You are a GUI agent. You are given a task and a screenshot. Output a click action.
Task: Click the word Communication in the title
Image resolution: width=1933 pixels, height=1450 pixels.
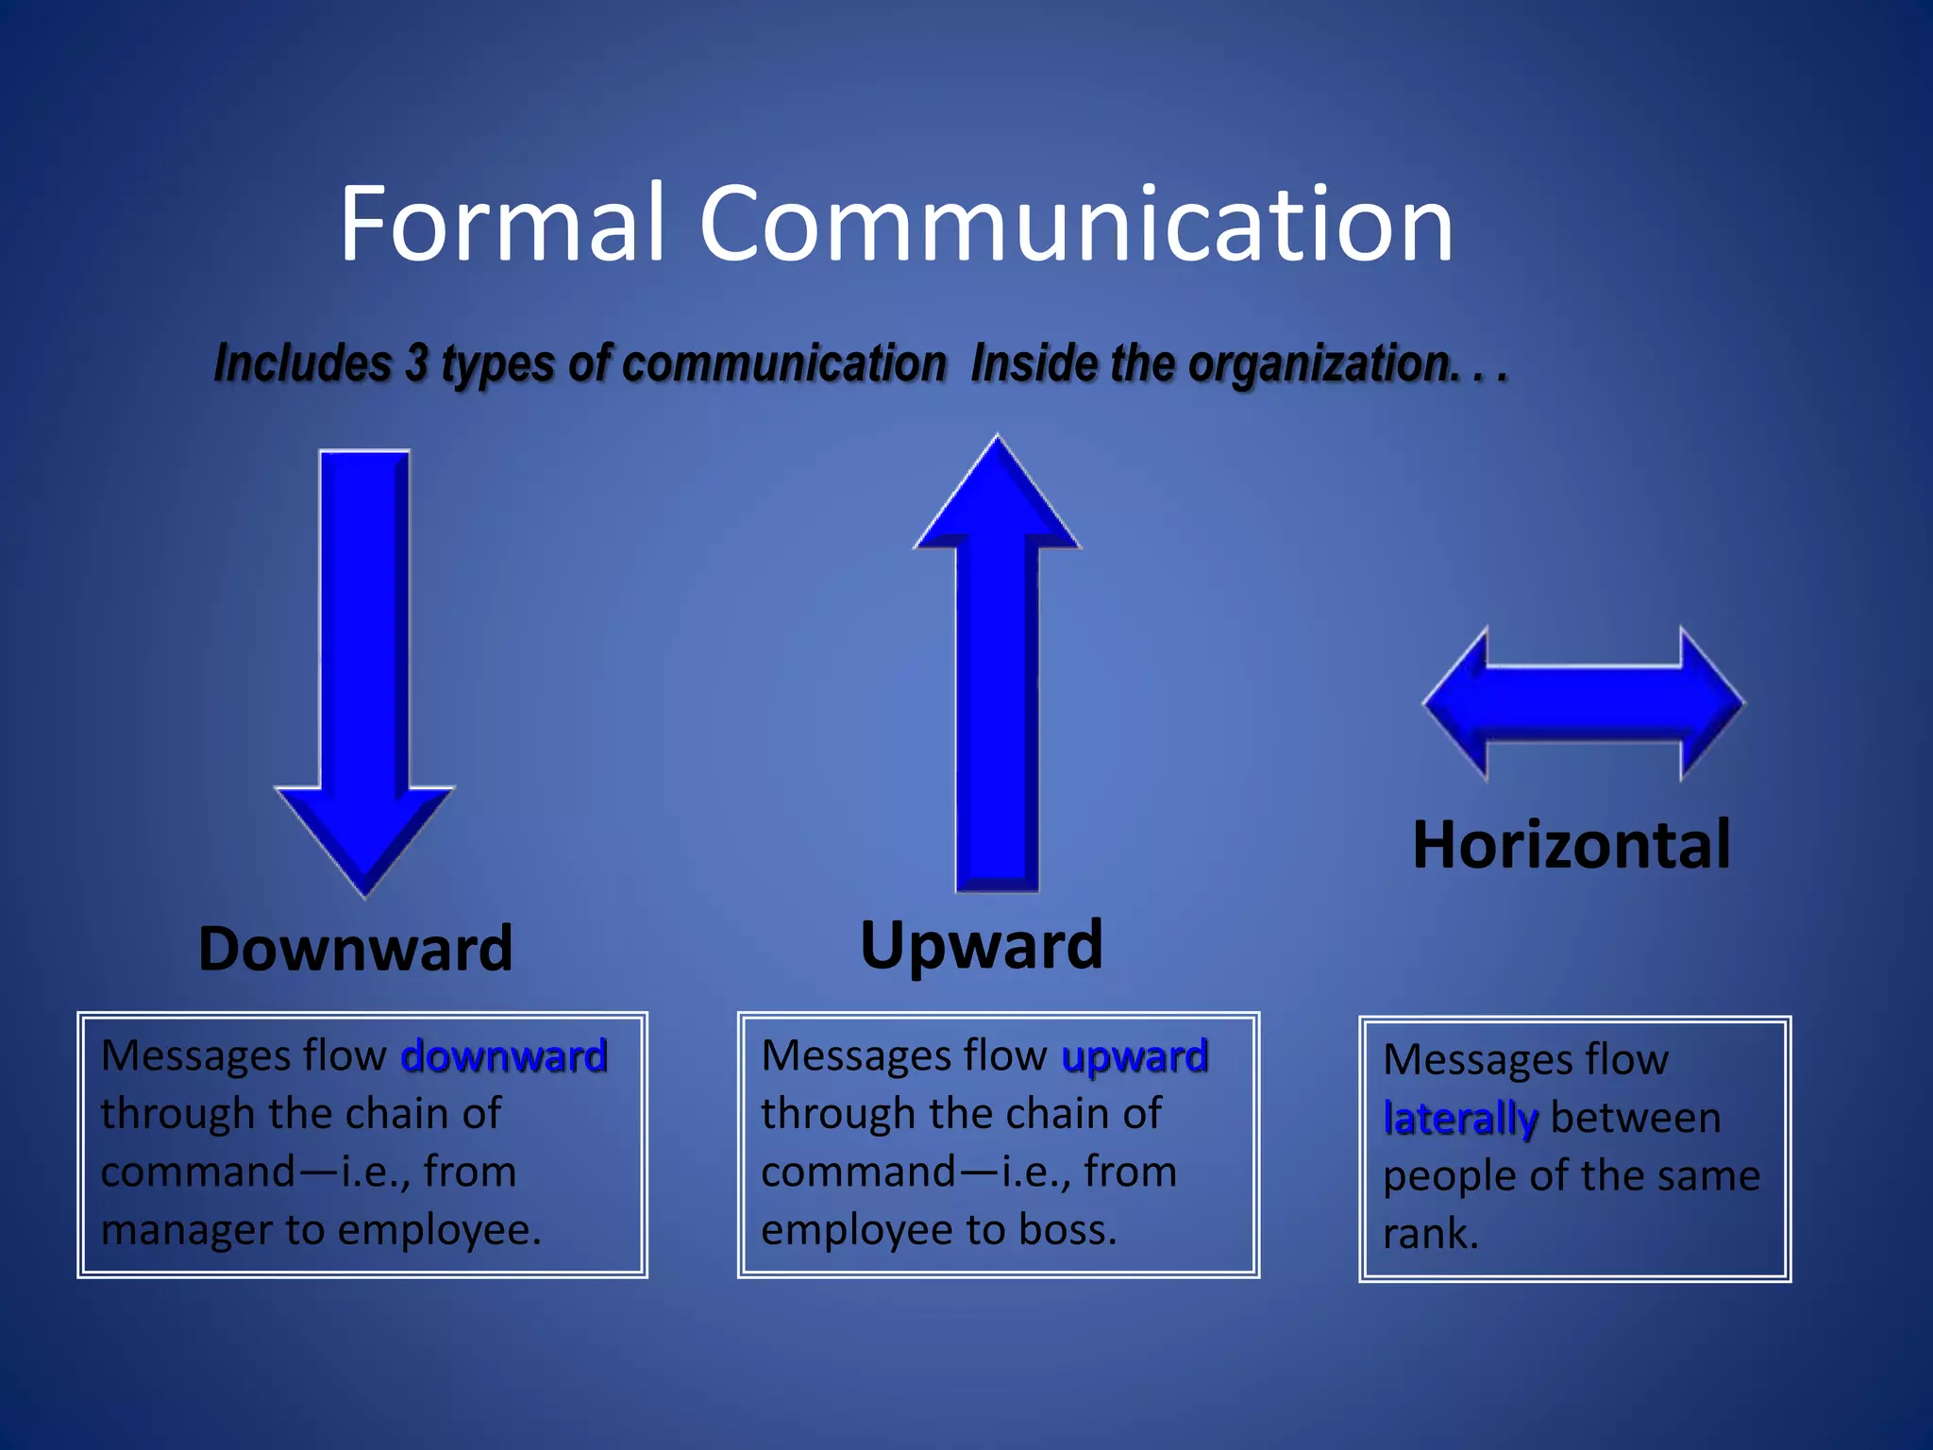click(x=1076, y=225)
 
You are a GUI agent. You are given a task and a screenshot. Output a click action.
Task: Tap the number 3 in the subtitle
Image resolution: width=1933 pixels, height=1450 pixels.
click(x=416, y=363)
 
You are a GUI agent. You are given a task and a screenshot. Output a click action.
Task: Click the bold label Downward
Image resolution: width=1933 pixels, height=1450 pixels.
click(x=356, y=949)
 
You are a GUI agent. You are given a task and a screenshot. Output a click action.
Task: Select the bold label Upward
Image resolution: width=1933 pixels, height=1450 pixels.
click(x=982, y=944)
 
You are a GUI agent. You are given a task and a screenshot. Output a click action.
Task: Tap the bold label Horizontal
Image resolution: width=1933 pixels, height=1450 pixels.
click(x=1572, y=844)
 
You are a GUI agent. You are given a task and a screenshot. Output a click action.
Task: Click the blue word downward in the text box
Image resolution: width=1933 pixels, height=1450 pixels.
click(x=504, y=1056)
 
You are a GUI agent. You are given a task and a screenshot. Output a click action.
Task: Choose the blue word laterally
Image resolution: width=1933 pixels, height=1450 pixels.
click(x=1460, y=1119)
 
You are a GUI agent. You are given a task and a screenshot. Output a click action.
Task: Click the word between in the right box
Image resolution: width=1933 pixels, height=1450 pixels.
click(x=1636, y=1119)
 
